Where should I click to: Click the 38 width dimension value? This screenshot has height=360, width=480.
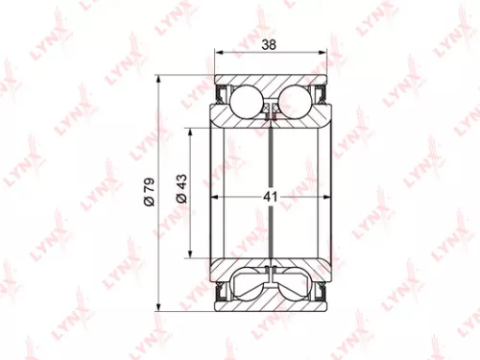pos(271,43)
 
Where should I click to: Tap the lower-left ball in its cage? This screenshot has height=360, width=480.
pos(247,285)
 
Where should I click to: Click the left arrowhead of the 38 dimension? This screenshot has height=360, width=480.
pos(218,54)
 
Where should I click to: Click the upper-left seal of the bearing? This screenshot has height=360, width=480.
pos(223,96)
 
